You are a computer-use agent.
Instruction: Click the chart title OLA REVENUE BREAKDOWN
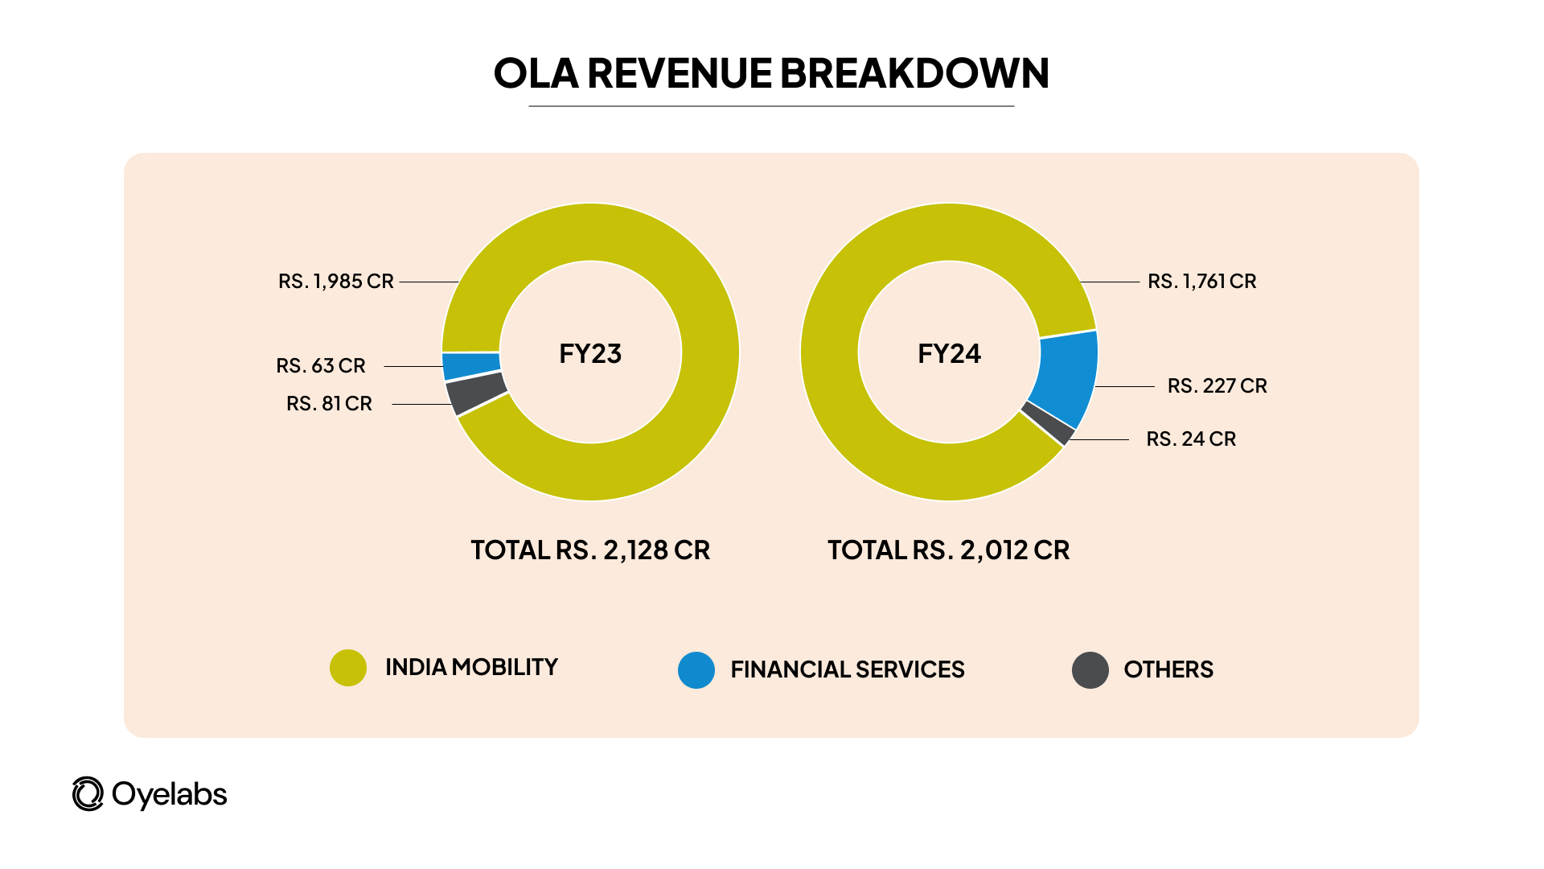(x=770, y=73)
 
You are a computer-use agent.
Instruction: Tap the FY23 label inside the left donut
(x=590, y=354)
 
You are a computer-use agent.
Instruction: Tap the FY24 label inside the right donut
(x=949, y=354)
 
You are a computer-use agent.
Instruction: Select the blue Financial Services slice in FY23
(x=471, y=366)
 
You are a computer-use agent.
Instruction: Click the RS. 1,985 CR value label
(x=335, y=282)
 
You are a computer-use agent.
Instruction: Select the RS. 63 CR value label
(x=320, y=366)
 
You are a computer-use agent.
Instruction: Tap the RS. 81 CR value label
(x=329, y=404)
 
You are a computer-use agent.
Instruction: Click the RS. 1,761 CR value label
(x=1201, y=282)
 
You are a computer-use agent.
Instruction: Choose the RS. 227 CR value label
(x=1217, y=386)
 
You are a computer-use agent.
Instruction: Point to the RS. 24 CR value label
(x=1191, y=439)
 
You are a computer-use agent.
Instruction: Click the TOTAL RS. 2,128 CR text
(x=590, y=550)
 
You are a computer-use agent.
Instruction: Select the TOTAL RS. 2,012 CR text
(x=949, y=550)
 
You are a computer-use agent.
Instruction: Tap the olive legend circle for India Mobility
(x=348, y=668)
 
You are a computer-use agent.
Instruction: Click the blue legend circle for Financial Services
(x=696, y=670)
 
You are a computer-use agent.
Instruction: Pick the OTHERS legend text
(x=1168, y=669)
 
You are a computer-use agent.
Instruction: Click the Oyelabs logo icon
(x=88, y=794)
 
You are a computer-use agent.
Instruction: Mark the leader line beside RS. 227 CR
(x=1124, y=387)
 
